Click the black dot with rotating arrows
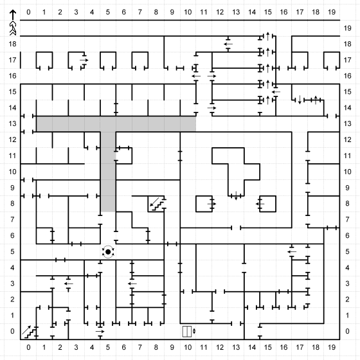tap(108, 252)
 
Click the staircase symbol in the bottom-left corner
tap(29, 332)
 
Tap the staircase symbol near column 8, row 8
tap(157, 204)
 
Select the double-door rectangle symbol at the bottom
tap(187, 332)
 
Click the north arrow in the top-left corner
tap(13, 22)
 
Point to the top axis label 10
tap(188, 12)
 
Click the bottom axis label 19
tap(332, 347)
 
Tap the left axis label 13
tap(12, 123)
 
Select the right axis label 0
tap(347, 331)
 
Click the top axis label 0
tap(28, 12)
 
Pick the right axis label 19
tap(347, 28)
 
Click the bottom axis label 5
tap(108, 347)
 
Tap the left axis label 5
tap(12, 251)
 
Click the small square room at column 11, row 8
tap(204, 204)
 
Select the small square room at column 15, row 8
tap(267, 204)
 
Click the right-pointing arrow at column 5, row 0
tap(100, 331)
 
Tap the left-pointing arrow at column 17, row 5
tap(292, 251)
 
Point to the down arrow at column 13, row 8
tap(236, 196)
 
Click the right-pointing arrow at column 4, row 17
tap(84, 60)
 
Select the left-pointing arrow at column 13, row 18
tap(228, 44)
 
